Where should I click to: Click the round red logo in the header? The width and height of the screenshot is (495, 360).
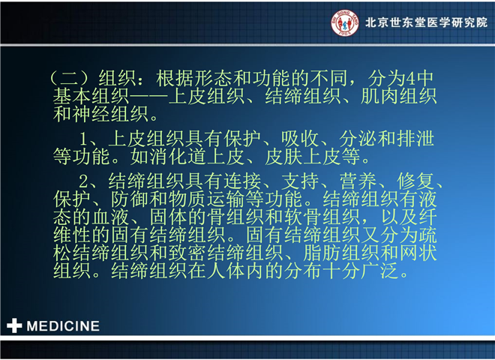(345, 22)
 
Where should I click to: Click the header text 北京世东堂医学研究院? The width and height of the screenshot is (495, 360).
(426, 22)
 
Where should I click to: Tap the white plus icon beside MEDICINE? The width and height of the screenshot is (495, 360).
(14, 325)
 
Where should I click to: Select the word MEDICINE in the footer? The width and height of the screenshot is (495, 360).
(63, 326)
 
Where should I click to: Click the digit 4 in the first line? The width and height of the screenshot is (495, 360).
(410, 79)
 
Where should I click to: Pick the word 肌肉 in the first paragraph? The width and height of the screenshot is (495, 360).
(379, 96)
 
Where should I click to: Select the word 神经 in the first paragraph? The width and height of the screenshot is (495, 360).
(91, 114)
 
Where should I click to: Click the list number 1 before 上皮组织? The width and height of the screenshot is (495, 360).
(83, 139)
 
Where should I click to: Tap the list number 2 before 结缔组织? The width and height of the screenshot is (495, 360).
(83, 181)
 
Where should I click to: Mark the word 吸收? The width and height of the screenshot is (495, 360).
(300, 139)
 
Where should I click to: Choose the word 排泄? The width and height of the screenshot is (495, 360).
(415, 139)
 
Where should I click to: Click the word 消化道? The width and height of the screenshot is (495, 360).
(178, 157)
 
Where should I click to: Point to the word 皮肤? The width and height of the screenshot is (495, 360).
(283, 157)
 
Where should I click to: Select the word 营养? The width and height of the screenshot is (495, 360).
(358, 181)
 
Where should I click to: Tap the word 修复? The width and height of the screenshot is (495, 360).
(415, 181)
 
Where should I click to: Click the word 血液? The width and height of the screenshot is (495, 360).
(110, 217)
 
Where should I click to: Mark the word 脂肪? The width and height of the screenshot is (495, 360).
(322, 253)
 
